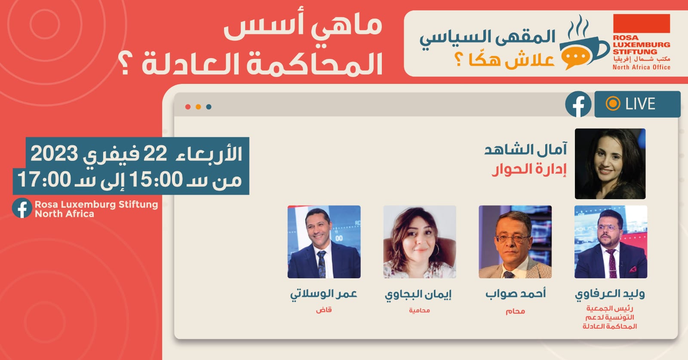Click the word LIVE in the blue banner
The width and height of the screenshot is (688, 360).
coord(640,104)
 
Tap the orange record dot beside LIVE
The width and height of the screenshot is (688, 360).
coord(613,104)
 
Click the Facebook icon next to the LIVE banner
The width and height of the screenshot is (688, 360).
coord(578,104)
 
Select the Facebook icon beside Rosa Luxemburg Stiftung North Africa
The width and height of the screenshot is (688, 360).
coord(22,208)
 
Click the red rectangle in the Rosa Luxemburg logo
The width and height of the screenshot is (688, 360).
coord(641,23)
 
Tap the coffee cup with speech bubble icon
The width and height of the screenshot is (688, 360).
coord(583,43)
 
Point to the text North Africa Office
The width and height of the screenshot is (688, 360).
coord(641,67)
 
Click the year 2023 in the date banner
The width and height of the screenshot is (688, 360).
coord(54,153)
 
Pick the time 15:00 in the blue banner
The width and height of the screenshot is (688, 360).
coord(156,179)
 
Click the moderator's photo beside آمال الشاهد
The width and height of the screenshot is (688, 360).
coord(610,164)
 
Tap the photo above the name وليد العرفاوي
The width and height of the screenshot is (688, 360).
coord(611,242)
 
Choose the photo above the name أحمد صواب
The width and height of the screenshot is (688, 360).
coord(515,242)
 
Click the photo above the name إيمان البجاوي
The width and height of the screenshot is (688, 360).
coord(420,242)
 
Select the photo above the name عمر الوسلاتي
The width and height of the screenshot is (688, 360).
coord(324,242)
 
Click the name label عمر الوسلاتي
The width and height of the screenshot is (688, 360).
coord(324,294)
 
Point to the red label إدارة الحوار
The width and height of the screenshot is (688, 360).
coord(529,169)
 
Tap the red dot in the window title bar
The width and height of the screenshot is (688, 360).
coord(188,107)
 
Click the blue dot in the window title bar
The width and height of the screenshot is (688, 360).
coord(209,107)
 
